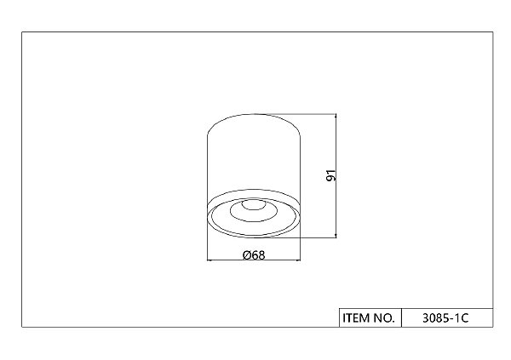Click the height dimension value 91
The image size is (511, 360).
tap(331, 175)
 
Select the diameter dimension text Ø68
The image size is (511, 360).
tap(254, 254)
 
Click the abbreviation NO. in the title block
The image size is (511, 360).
tap(384, 317)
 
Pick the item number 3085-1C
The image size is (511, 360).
tap(445, 317)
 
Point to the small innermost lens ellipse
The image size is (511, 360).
tap(253, 204)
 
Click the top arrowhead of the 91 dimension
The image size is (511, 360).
tap(336, 117)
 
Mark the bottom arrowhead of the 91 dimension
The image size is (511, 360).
tap(336, 235)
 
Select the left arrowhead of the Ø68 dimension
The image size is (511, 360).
tap(210, 260)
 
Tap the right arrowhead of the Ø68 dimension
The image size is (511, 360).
tap(297, 260)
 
